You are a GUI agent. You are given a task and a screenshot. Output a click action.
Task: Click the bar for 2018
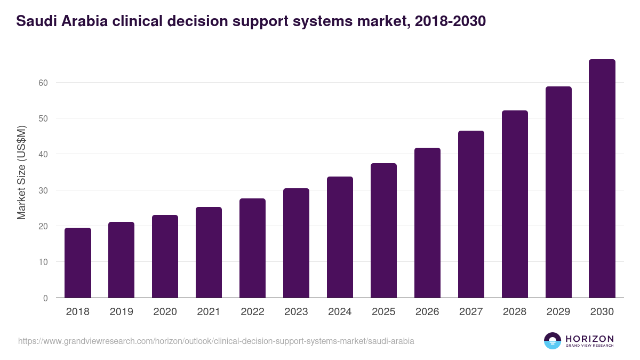[78, 263]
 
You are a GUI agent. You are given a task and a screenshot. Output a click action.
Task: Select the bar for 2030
[602, 179]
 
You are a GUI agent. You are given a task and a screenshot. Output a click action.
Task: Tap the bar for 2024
[340, 237]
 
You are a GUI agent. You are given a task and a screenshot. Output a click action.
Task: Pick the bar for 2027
[471, 214]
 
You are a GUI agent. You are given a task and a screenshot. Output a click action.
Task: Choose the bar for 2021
[209, 252]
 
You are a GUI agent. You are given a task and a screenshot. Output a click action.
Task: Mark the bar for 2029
[558, 192]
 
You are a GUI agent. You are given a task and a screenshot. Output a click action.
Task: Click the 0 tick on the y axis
[45, 298]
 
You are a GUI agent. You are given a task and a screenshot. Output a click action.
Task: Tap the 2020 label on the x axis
[165, 312]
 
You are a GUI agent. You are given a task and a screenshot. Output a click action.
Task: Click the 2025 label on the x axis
[383, 312]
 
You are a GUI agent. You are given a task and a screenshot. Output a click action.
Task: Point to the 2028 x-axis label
[515, 312]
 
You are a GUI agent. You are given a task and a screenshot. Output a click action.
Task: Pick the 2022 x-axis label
[252, 312]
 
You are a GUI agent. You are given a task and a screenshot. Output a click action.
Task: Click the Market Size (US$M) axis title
[21, 172]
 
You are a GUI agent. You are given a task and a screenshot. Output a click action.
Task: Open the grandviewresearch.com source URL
[216, 341]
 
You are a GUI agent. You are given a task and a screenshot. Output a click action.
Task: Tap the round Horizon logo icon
[553, 341]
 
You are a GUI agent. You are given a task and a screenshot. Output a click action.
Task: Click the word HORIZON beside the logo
[589, 338]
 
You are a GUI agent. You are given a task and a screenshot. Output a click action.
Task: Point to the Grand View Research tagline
[589, 346]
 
